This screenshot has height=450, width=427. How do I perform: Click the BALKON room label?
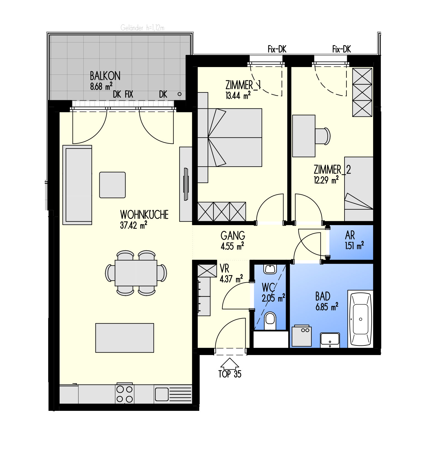pyautogui.click(x=105, y=76)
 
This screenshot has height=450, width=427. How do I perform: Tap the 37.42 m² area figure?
pyautogui.click(x=134, y=225)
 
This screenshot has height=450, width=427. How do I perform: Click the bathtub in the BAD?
pyautogui.click(x=360, y=319)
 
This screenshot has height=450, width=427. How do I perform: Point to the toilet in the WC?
pyautogui.click(x=270, y=321)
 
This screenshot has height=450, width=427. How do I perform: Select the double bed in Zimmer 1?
pyautogui.click(x=230, y=137)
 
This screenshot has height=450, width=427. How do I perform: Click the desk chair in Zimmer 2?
pyautogui.click(x=323, y=136)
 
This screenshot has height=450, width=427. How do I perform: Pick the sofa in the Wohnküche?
pyautogui.click(x=77, y=185)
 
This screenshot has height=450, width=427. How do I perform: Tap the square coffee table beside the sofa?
pyautogui.click(x=112, y=185)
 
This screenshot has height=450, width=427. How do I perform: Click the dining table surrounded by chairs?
pyautogui.click(x=136, y=273)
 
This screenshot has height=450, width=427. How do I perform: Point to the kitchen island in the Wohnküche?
pyautogui.click(x=124, y=338)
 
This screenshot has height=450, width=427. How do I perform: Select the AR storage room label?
pyautogui.click(x=350, y=235)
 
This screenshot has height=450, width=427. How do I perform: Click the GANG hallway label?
pyautogui.click(x=233, y=236)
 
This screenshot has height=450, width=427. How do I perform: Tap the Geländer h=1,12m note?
pyautogui.click(x=142, y=28)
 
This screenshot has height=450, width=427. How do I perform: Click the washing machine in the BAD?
pyautogui.click(x=302, y=336)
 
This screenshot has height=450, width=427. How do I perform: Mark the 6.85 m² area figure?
pyautogui.click(x=327, y=307)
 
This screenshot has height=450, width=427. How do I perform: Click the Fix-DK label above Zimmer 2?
pyautogui.click(x=341, y=49)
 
